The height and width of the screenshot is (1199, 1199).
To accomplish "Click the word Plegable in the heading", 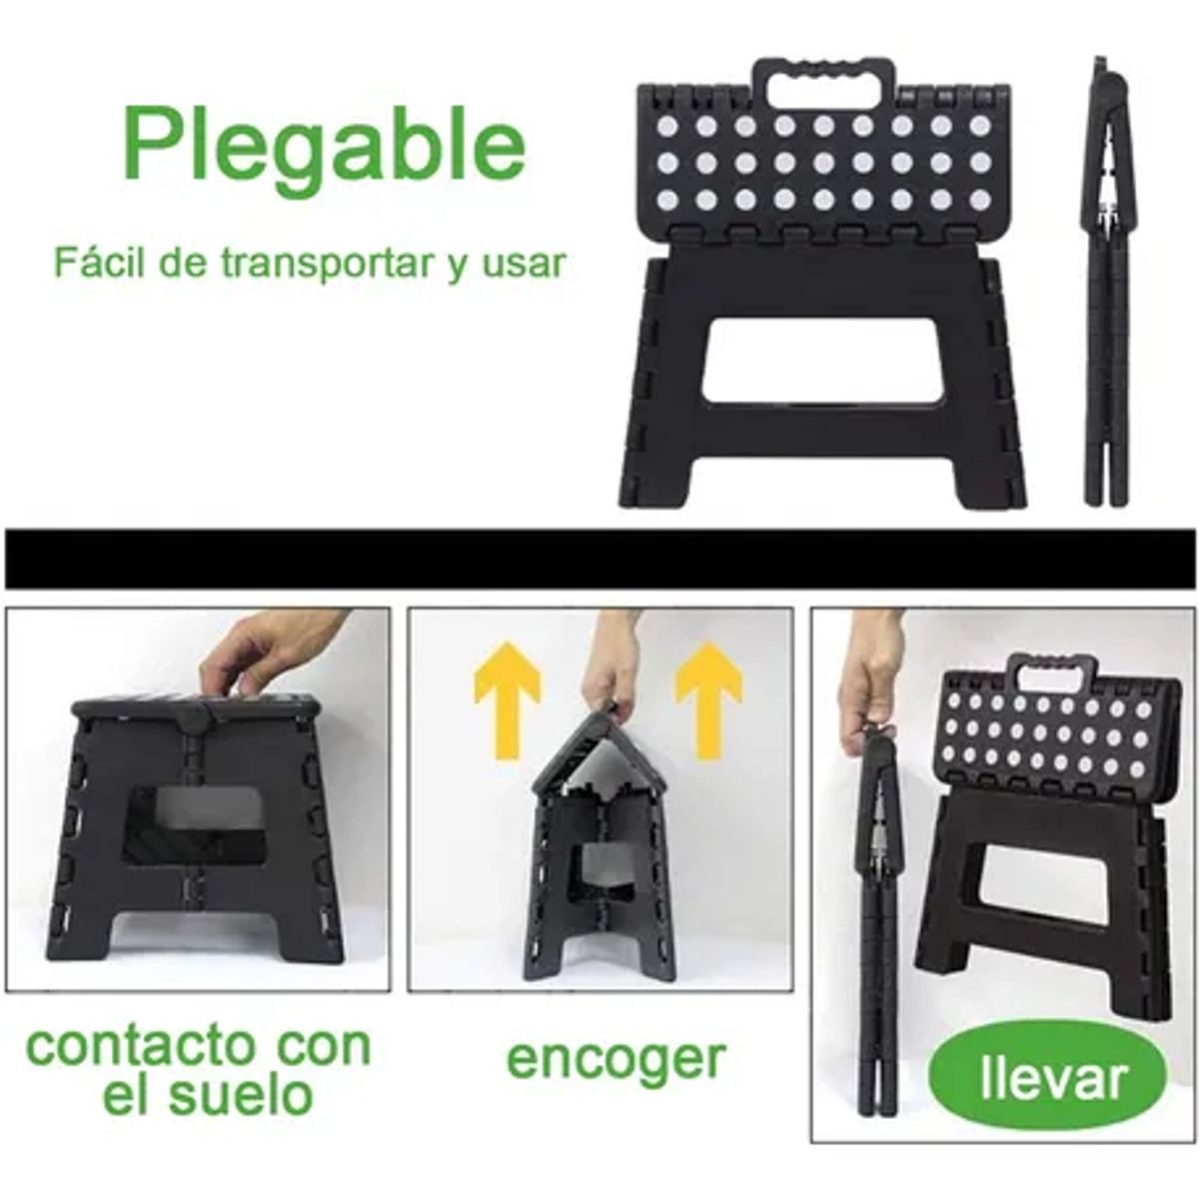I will tap(325, 145).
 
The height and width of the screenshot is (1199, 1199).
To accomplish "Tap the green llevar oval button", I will tap(1046, 1079).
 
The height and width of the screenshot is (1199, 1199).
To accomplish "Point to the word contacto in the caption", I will tap(140, 1046).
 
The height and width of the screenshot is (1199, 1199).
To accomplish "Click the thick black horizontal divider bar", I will tap(599, 559).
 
